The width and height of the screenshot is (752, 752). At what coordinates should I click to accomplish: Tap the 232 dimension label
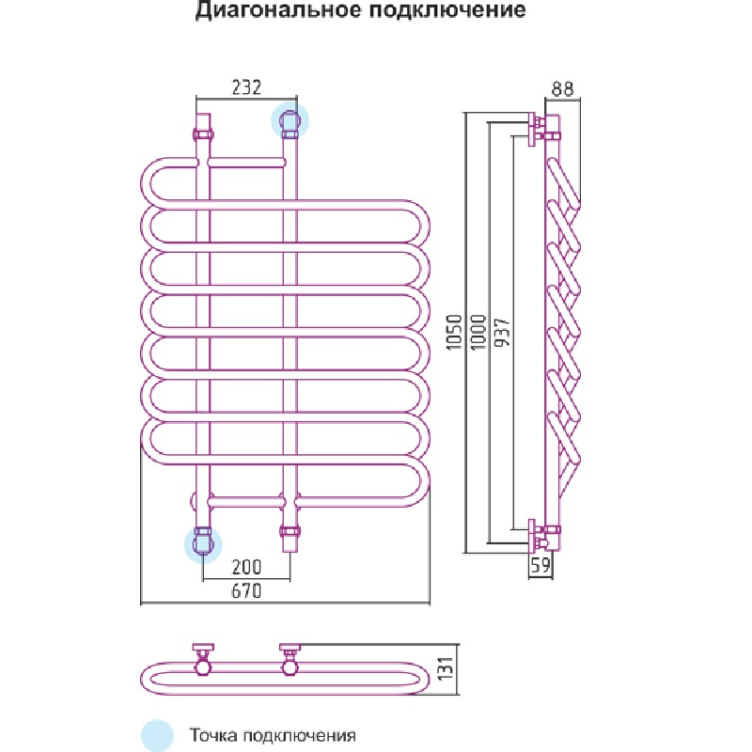245,87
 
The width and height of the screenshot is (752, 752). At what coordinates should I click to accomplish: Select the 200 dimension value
245,567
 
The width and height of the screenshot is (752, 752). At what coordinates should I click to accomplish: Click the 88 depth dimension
563,89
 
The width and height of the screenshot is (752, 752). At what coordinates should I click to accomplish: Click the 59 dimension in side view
539,567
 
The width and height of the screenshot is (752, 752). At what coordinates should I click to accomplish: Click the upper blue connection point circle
290,121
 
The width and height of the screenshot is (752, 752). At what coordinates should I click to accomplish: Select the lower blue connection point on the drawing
202,543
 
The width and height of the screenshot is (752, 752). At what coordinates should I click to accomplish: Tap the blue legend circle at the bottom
158,735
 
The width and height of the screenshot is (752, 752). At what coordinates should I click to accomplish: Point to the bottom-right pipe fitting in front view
290,539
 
